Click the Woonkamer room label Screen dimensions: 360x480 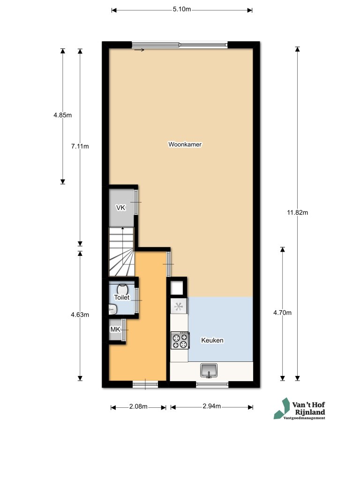[x=185, y=144]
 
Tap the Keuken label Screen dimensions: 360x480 [x=212, y=340]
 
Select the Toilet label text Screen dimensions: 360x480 [x=122, y=297]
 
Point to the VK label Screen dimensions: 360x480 [x=120, y=208]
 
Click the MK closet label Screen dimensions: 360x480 [x=115, y=330]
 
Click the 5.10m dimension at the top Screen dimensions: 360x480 [x=182, y=9]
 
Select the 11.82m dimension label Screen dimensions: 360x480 [x=297, y=212]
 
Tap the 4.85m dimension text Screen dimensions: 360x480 [x=62, y=115]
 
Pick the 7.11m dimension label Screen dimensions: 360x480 [x=80, y=146]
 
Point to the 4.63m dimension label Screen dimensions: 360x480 [x=80, y=315]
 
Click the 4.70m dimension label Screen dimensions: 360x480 [x=282, y=313]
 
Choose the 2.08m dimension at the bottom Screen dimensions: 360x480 [x=138, y=406]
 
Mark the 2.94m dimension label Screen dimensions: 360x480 [x=211, y=406]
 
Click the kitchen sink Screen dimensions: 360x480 [x=209, y=370]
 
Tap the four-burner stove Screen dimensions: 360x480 [x=180, y=341]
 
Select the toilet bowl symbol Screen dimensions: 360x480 [x=122, y=289]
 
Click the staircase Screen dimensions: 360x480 [x=121, y=252]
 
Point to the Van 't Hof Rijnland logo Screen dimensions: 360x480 [x=300, y=409]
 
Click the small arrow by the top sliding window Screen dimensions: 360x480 [x=139, y=50]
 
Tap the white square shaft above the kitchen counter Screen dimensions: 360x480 [x=177, y=288]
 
